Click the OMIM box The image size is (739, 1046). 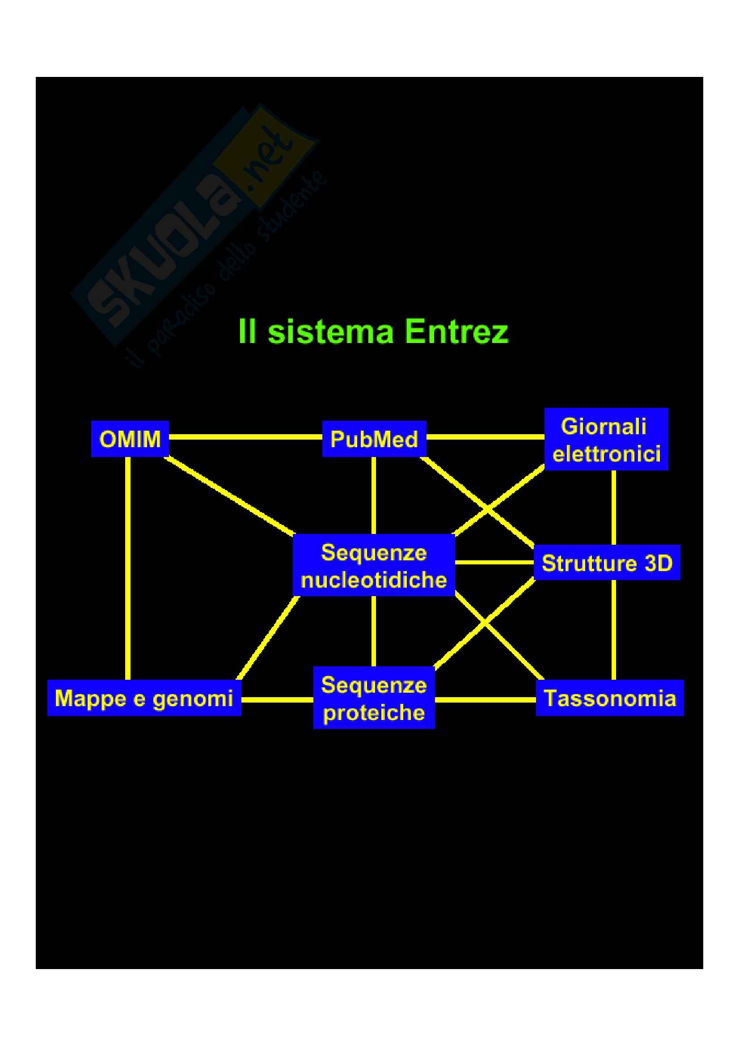pos(130,439)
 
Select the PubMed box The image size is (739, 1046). pos(374,439)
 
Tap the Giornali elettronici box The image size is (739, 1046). pos(606,439)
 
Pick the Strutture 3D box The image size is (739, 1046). pos(607,563)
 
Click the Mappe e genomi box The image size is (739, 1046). pos(144,698)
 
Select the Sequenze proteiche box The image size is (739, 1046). pos(374,698)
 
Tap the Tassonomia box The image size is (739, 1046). pos(610,698)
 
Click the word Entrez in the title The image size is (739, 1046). pos(457,332)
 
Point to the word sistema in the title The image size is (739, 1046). pos(331,332)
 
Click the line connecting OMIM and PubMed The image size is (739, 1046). pos(245,436)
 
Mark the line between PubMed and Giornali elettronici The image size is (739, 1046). pos(486,436)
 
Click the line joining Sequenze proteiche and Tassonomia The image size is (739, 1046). pos(486,699)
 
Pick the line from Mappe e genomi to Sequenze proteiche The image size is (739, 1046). pos(277,699)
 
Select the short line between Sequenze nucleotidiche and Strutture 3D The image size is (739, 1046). pos(494,562)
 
